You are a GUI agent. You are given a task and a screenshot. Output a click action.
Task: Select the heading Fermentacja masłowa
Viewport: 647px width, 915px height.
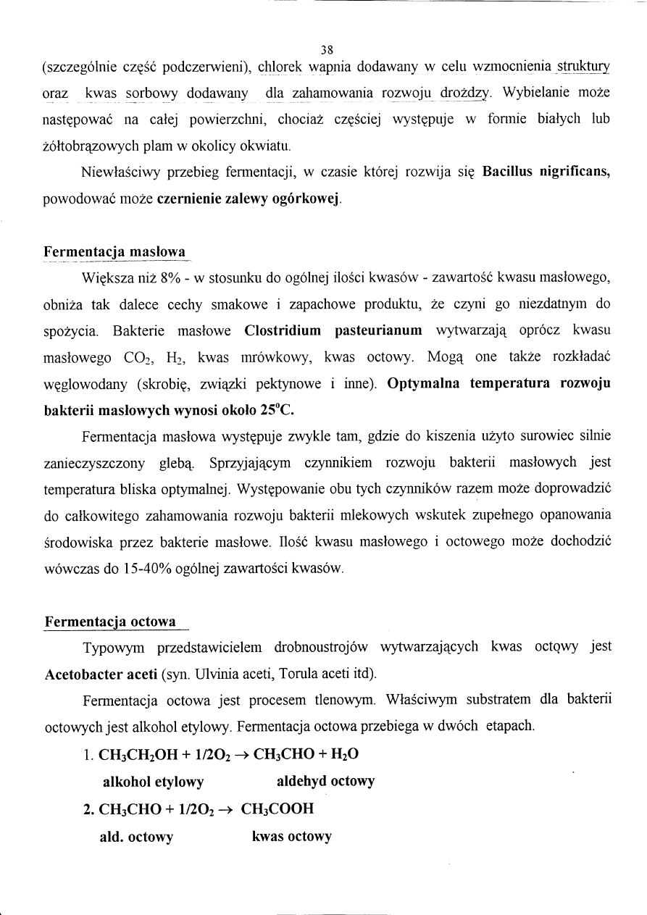(114, 252)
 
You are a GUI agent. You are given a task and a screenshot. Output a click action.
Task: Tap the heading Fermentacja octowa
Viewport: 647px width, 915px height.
(110, 622)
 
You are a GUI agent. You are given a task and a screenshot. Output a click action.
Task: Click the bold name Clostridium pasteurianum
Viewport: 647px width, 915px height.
(333, 331)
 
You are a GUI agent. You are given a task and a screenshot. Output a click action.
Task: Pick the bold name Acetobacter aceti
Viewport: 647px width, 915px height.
(101, 674)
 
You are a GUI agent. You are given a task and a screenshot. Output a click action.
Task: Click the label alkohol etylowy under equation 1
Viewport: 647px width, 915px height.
(154, 782)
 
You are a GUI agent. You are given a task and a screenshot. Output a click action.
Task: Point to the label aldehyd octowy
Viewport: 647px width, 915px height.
(325, 781)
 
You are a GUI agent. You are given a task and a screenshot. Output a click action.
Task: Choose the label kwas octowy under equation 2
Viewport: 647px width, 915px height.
(291, 837)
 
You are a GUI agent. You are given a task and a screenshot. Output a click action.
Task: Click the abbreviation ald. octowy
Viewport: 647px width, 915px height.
(136, 837)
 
